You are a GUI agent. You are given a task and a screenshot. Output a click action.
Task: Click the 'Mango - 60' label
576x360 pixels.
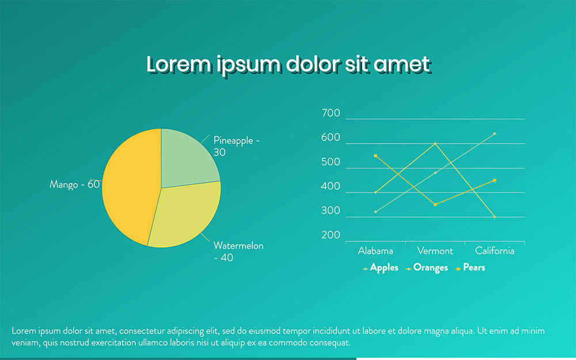tap(74, 184)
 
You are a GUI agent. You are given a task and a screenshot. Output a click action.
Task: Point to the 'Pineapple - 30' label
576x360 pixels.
tap(237, 146)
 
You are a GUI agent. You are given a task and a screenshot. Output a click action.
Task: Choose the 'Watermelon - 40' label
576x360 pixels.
tap(238, 251)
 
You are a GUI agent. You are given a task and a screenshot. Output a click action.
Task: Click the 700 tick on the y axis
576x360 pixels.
tap(331, 113)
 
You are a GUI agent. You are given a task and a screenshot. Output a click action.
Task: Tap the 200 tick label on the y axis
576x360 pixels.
tap(331, 235)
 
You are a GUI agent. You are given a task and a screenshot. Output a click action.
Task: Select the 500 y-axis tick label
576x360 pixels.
tap(331, 162)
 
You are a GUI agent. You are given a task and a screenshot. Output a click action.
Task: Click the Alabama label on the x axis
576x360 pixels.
tap(376, 251)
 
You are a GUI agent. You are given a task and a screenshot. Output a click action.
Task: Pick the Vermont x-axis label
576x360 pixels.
tap(435, 251)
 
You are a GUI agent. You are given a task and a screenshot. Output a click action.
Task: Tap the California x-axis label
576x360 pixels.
tap(494, 251)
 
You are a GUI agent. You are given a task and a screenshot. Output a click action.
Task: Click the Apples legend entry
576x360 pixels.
tap(380, 268)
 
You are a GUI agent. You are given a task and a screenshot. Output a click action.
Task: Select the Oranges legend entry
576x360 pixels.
tap(427, 268)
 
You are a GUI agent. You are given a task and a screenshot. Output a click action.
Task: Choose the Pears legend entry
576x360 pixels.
tap(470, 268)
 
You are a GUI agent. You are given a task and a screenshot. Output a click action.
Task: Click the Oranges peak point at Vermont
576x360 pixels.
tap(435, 143)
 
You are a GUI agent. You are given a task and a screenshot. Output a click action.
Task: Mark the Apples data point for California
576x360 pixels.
tap(494, 134)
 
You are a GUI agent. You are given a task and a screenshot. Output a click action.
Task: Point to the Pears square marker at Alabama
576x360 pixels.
tap(376, 156)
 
